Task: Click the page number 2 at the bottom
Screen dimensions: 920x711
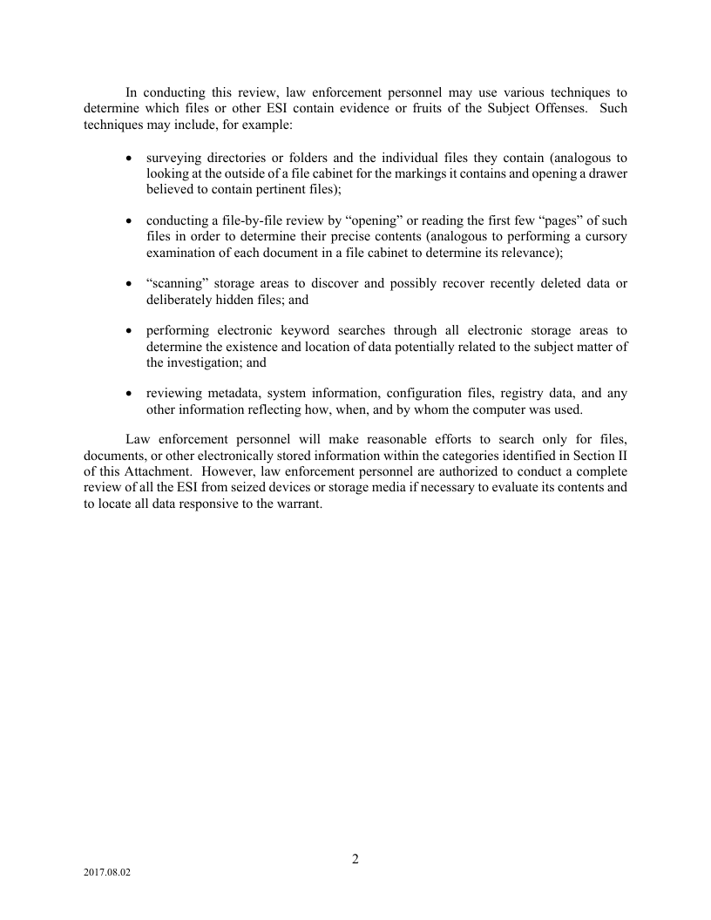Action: [x=355, y=859]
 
